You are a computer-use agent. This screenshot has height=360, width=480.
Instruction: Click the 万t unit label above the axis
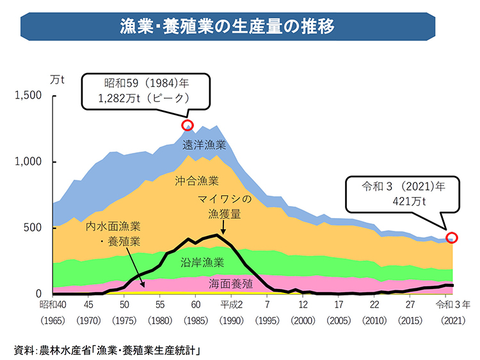[x=57, y=80]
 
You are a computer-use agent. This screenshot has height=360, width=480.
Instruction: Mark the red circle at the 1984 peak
[x=188, y=125]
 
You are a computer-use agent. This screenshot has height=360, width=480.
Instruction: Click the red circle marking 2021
[x=452, y=238]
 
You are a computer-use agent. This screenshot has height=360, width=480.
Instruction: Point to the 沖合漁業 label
[x=197, y=181]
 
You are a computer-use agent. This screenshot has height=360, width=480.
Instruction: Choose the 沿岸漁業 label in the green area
[x=202, y=262]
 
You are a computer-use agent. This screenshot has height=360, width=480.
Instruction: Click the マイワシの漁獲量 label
[x=224, y=207]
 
